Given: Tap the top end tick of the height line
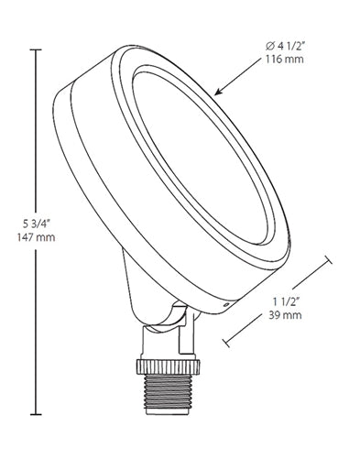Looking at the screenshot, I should [37, 50].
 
